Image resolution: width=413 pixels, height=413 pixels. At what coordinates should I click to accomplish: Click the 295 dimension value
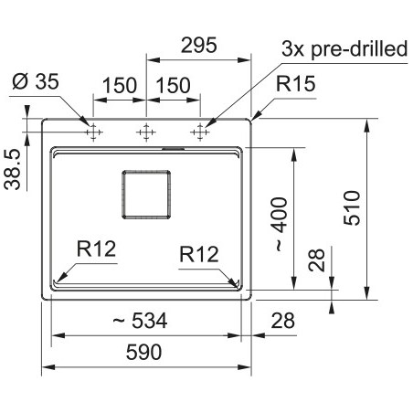pyautogui.click(x=199, y=46)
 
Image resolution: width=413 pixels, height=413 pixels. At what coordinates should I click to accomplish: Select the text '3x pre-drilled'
pyautogui.click(x=344, y=48)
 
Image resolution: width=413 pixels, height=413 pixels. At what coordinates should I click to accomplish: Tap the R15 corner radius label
pyautogui.click(x=295, y=84)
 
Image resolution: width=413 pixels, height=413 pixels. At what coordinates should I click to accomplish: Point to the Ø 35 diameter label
pyautogui.click(x=36, y=81)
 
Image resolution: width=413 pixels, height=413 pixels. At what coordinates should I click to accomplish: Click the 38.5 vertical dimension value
pyautogui.click(x=13, y=169)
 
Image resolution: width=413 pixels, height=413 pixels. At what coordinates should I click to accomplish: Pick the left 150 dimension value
pyautogui.click(x=120, y=85)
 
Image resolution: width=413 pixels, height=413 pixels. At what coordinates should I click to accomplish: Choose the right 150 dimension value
pyautogui.click(x=173, y=85)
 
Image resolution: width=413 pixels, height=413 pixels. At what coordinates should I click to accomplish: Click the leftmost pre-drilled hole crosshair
pyautogui.click(x=93, y=132)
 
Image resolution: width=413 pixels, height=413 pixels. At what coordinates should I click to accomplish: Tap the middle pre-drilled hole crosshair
pyautogui.click(x=146, y=132)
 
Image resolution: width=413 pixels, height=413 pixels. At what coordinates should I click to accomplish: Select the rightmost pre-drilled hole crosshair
pyautogui.click(x=200, y=132)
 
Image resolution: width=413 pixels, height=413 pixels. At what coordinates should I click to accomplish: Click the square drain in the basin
pyautogui.click(x=146, y=195)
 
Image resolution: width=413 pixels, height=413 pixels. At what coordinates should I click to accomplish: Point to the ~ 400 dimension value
pyautogui.click(x=279, y=224)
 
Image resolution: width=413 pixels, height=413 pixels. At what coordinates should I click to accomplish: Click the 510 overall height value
pyautogui.click(x=352, y=208)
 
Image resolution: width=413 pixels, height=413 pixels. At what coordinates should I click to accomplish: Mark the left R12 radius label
pyautogui.click(x=96, y=249)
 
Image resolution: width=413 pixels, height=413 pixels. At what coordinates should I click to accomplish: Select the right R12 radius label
pyautogui.click(x=199, y=254)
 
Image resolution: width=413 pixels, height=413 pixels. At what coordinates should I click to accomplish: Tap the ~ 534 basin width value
pyautogui.click(x=140, y=321)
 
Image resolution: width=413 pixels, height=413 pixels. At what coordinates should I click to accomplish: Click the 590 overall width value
pyautogui.click(x=143, y=352)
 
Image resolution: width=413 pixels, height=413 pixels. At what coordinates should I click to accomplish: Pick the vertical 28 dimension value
pyautogui.click(x=317, y=260)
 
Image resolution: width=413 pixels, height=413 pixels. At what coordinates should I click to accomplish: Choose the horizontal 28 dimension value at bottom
pyautogui.click(x=283, y=321)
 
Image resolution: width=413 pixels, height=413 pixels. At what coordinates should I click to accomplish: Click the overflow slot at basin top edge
pyautogui.click(x=174, y=149)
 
